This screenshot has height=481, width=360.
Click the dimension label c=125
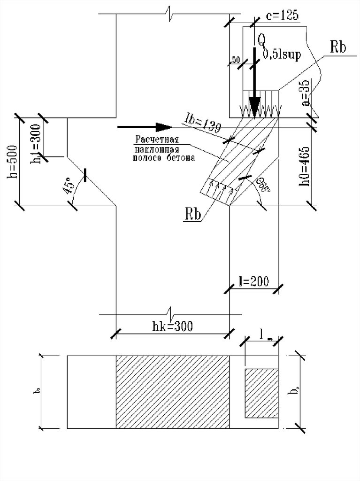point(282,16)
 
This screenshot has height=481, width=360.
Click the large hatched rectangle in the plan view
point(172,392)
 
